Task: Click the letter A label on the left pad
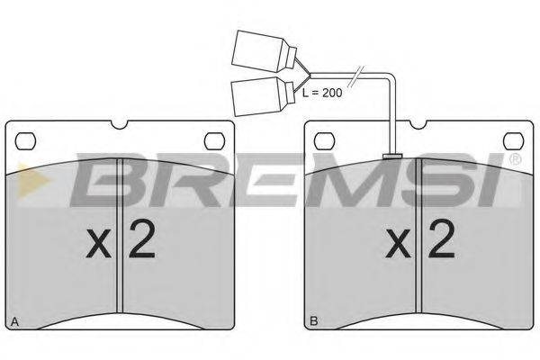click(x=14, y=322)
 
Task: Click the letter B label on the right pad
click(x=314, y=321)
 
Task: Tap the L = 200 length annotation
click(x=322, y=93)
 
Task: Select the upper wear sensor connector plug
click(x=264, y=51)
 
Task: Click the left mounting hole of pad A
click(x=25, y=141)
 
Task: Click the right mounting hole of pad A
click(x=214, y=141)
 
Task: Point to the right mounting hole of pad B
click(x=514, y=141)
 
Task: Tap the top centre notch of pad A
click(x=120, y=125)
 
